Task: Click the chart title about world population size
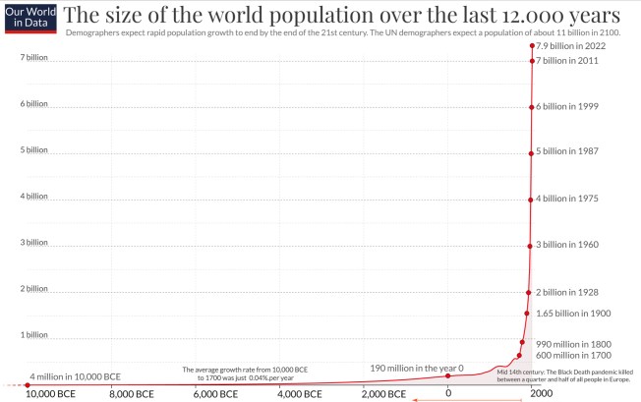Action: (x=341, y=15)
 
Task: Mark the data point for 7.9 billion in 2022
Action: (x=532, y=46)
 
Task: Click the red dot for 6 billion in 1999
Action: (x=531, y=106)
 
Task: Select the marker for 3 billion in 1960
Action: (x=530, y=245)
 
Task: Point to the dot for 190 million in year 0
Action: (x=448, y=375)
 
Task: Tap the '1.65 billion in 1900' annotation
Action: (x=573, y=313)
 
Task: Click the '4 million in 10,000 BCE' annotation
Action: (x=76, y=376)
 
